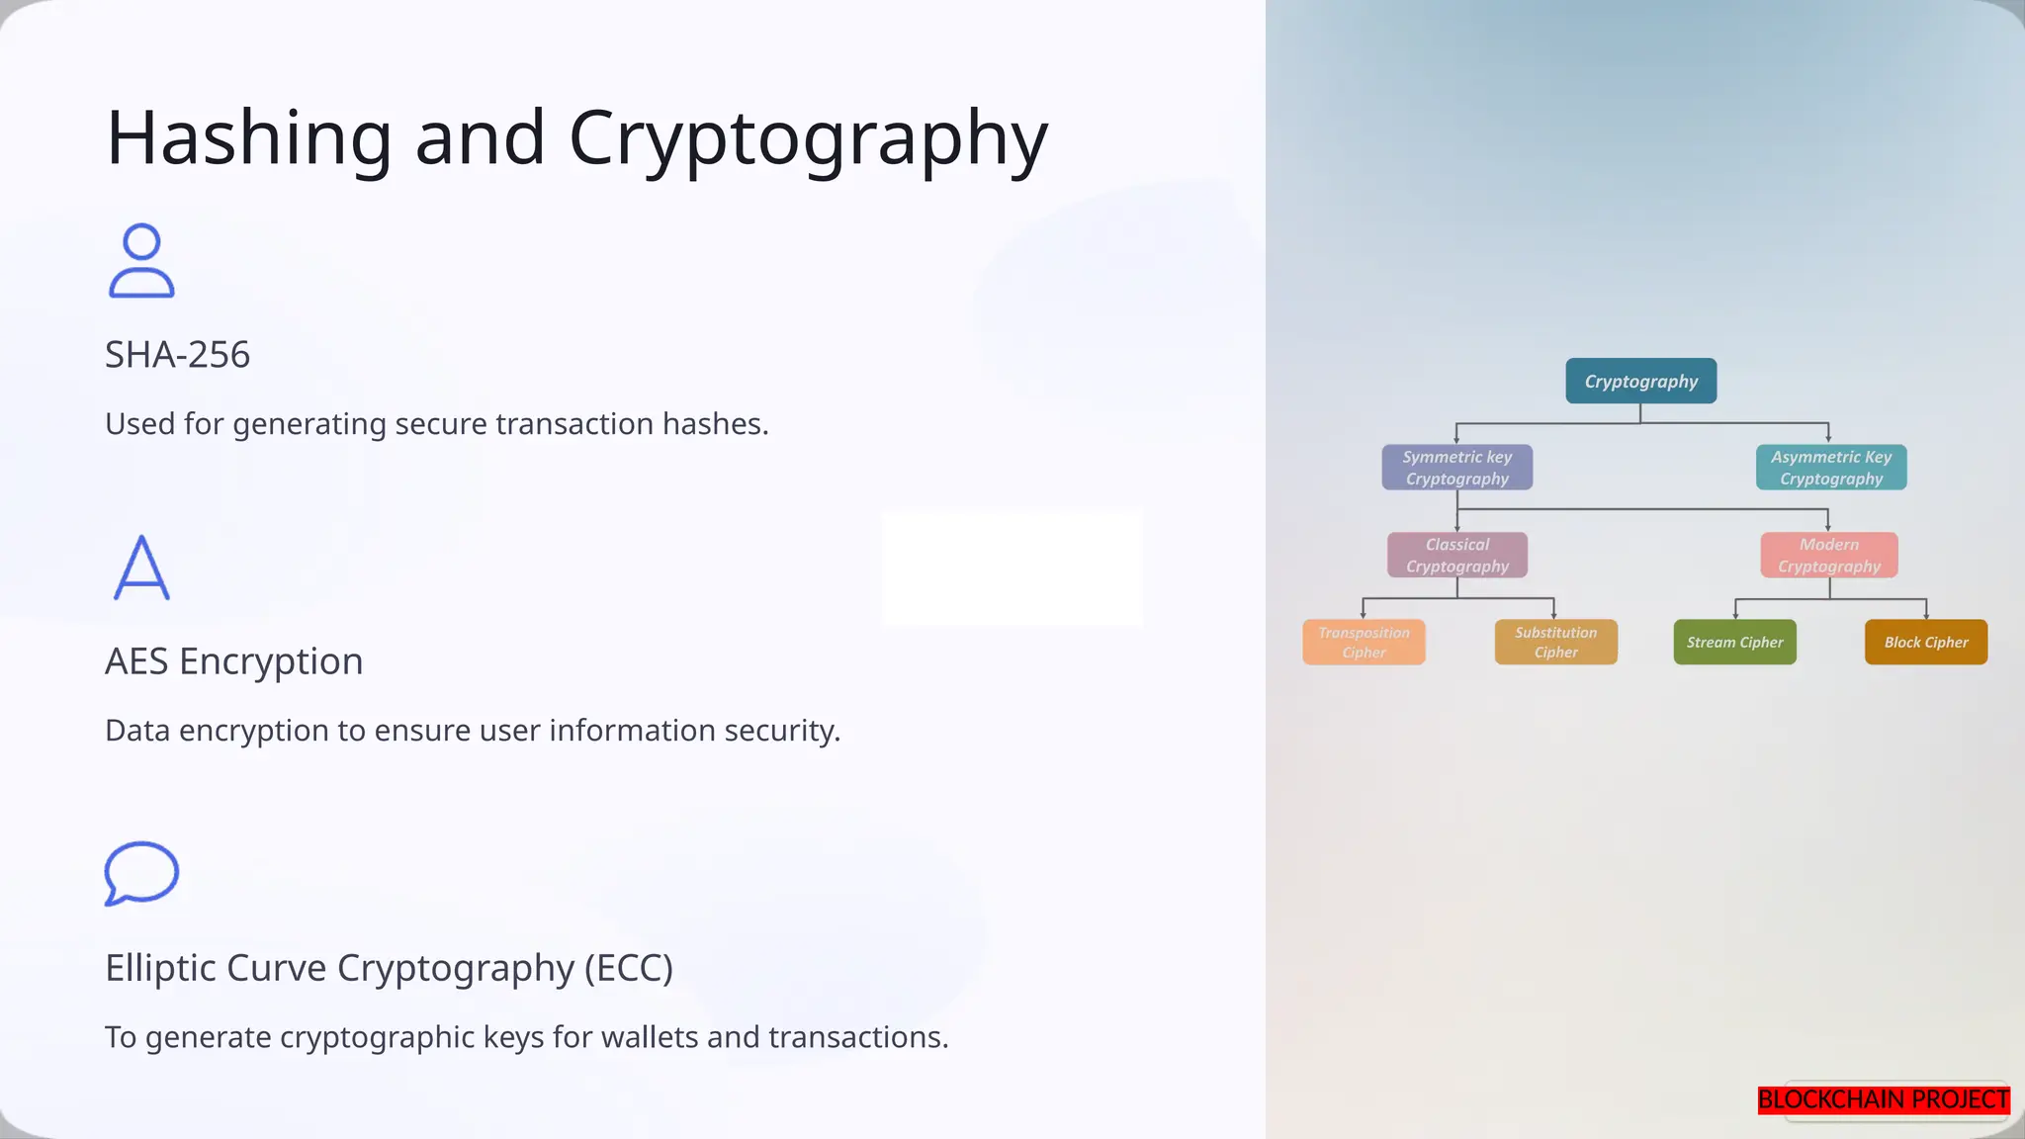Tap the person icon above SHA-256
pos(141,261)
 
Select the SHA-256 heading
pos(178,355)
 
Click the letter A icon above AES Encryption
pos(141,568)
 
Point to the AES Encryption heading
pos(234,661)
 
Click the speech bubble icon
pos(141,873)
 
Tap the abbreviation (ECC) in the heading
pos(629,968)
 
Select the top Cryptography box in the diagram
pos(1640,382)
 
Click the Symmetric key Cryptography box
pos(1456,468)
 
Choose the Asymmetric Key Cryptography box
pos(1831,468)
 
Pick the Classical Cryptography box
pos(1456,556)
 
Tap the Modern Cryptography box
pos(1829,556)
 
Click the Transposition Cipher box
pos(1364,643)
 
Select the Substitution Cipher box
pos(1555,643)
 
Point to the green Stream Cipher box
pos(1734,643)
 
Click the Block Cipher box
pos(1925,643)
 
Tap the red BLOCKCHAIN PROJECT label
pos(1883,1099)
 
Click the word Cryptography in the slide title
pos(808,138)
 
